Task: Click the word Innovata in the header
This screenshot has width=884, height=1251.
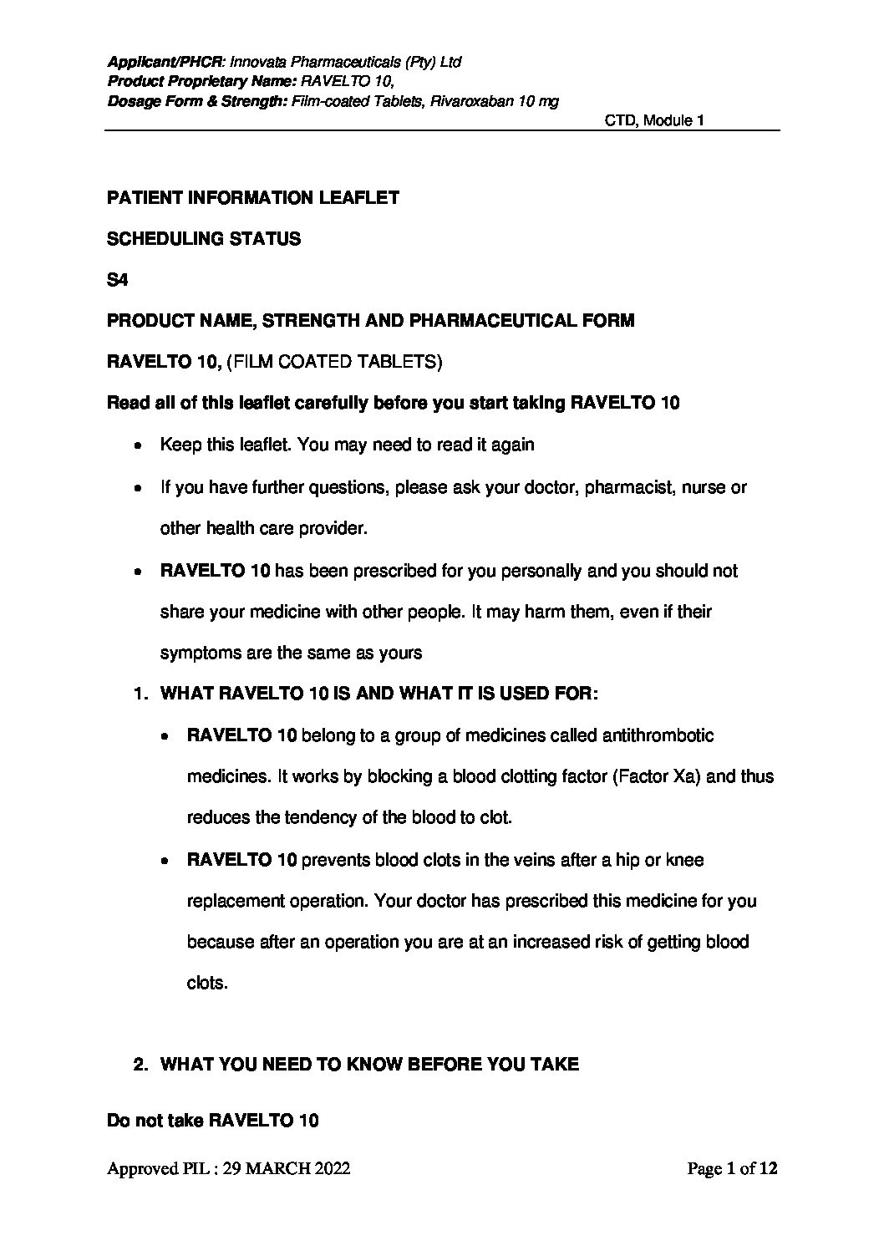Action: tap(257, 62)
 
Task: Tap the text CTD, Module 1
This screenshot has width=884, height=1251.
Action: tap(655, 121)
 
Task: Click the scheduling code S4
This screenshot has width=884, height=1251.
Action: tap(117, 279)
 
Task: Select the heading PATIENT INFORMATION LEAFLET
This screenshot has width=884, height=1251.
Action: tap(253, 198)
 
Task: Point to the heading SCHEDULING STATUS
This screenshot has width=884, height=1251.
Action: tap(204, 239)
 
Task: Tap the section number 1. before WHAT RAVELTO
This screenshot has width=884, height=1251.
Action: tap(141, 694)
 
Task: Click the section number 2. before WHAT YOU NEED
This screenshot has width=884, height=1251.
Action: tap(141, 1065)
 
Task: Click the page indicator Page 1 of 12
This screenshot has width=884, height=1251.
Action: tap(732, 1169)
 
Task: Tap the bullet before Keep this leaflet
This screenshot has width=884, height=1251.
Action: tap(136, 445)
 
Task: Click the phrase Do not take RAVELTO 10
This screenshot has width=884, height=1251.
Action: tap(213, 1121)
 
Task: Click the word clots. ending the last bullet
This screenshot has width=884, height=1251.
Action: tap(207, 984)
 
